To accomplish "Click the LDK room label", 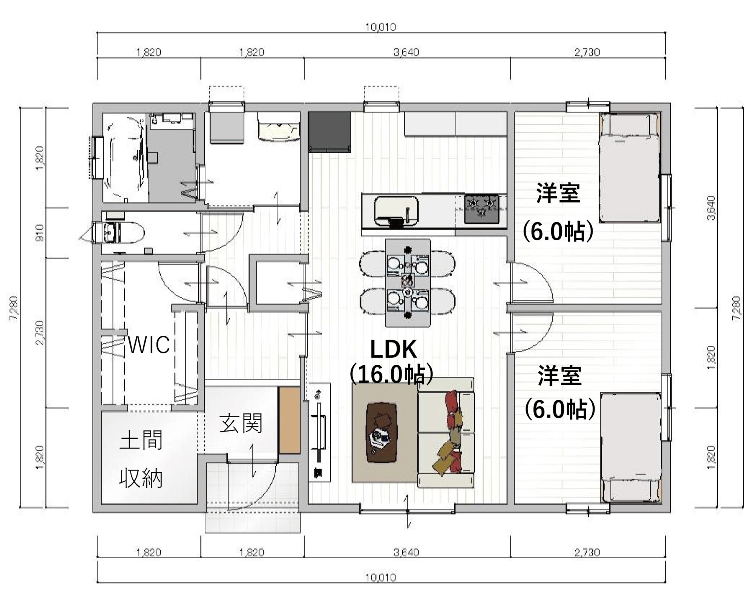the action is pos(394,350).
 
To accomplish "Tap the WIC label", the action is pos(149,344).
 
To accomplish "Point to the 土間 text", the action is pos(141,440).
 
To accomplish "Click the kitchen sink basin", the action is pos(396,211).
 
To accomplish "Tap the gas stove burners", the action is pos(481,209).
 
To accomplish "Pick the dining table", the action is pos(408,283).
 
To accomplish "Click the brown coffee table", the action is pos(383,432).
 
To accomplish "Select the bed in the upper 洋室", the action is pos(630,168).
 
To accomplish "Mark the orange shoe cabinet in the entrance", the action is pos(289,419).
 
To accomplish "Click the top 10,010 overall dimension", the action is pos(381,27).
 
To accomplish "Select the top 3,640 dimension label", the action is pos(406,52).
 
